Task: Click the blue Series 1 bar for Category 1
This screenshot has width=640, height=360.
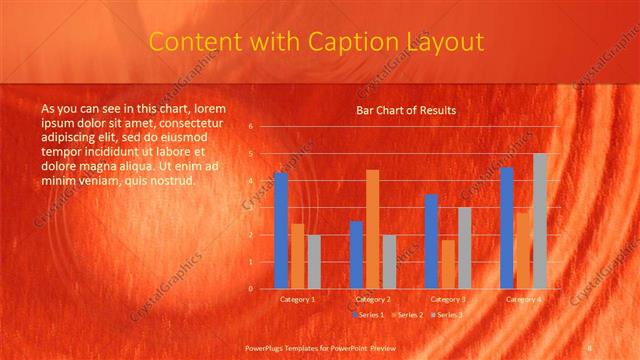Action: point(281,230)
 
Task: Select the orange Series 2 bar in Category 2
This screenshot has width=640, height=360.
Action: point(373,229)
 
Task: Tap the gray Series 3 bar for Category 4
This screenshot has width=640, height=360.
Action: point(540,221)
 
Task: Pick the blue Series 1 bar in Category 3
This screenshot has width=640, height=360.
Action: point(431,241)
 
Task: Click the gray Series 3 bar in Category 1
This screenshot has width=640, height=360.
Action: point(314,261)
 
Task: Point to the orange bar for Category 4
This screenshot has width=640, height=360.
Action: point(523,250)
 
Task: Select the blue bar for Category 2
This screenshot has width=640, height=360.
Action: point(356,254)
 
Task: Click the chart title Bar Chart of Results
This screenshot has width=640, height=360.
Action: point(406,110)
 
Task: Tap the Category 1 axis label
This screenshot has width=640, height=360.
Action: point(297,299)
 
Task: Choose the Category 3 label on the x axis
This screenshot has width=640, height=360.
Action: point(448,299)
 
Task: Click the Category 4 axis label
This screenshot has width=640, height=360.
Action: point(523,299)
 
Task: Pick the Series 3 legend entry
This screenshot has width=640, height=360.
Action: point(449,315)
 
